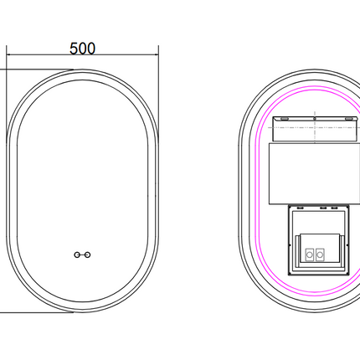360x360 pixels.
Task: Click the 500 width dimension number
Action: tap(81, 48)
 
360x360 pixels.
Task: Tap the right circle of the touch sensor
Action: tap(88, 253)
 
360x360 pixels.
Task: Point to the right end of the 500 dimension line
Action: tap(158, 57)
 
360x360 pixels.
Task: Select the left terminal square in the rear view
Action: tap(310, 252)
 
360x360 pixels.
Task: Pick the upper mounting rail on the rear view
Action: tap(313, 128)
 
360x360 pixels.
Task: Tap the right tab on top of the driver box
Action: tap(337, 206)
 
